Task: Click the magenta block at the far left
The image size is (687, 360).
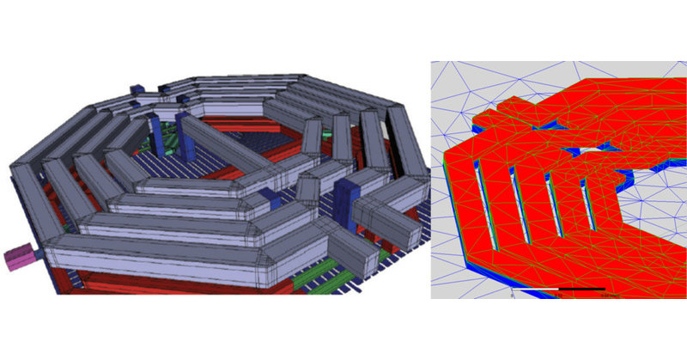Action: tap(18, 257)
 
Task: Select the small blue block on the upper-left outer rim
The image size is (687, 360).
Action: tap(138, 90)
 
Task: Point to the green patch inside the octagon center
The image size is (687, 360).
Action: tap(173, 137)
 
